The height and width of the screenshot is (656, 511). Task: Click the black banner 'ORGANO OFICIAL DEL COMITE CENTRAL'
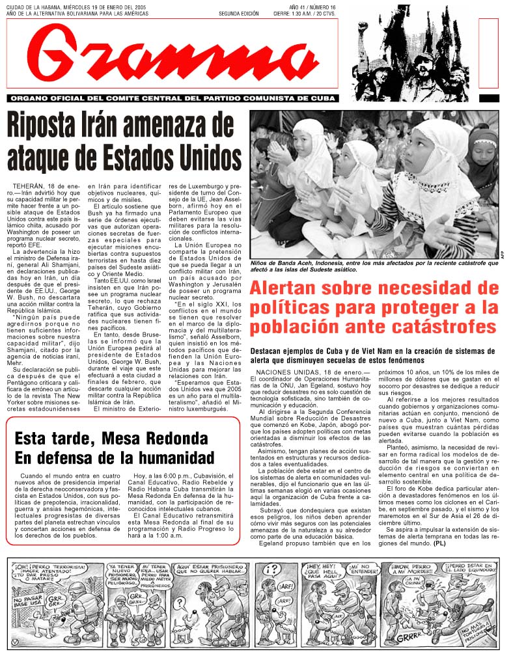tap(173, 98)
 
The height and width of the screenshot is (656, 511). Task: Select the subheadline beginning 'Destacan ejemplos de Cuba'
tap(376, 355)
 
